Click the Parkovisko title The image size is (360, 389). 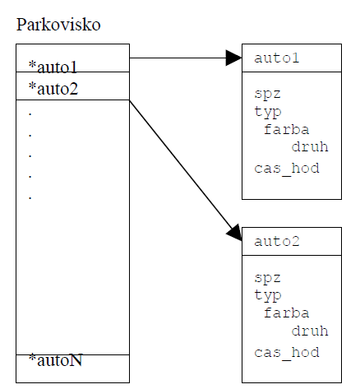click(58, 25)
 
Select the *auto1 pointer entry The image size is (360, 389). click(53, 67)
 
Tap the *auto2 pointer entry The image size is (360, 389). click(53, 89)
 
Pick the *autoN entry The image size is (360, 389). click(55, 360)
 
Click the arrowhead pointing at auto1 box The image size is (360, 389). click(233, 58)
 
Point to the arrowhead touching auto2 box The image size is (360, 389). click(234, 233)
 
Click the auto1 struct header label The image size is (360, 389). click(276, 58)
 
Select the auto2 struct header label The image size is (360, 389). click(277, 242)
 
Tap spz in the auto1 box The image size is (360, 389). click(267, 94)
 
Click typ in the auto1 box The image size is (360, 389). click(268, 112)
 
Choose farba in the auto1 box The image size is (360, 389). click(286, 129)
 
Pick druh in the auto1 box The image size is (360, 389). click(310, 146)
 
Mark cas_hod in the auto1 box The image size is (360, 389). click(287, 169)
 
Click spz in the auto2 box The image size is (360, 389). click(267, 278)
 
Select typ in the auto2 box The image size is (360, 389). click(268, 295)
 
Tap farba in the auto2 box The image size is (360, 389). click(286, 313)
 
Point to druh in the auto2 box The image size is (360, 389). click(310, 331)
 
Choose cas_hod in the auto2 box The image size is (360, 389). click(287, 353)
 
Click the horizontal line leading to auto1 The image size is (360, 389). click(178, 58)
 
